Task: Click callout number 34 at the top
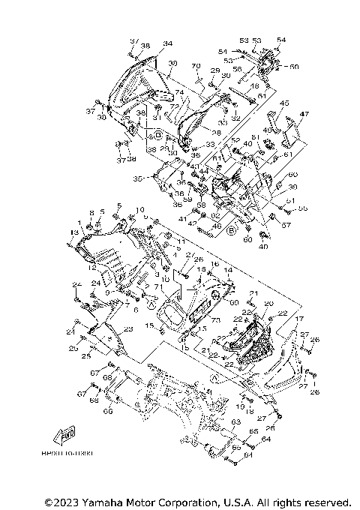(x=167, y=43)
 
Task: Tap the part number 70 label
(x=196, y=67)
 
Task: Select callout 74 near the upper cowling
(x=179, y=93)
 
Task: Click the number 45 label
(x=283, y=103)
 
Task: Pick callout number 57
(x=286, y=224)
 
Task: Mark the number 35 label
(x=137, y=179)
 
